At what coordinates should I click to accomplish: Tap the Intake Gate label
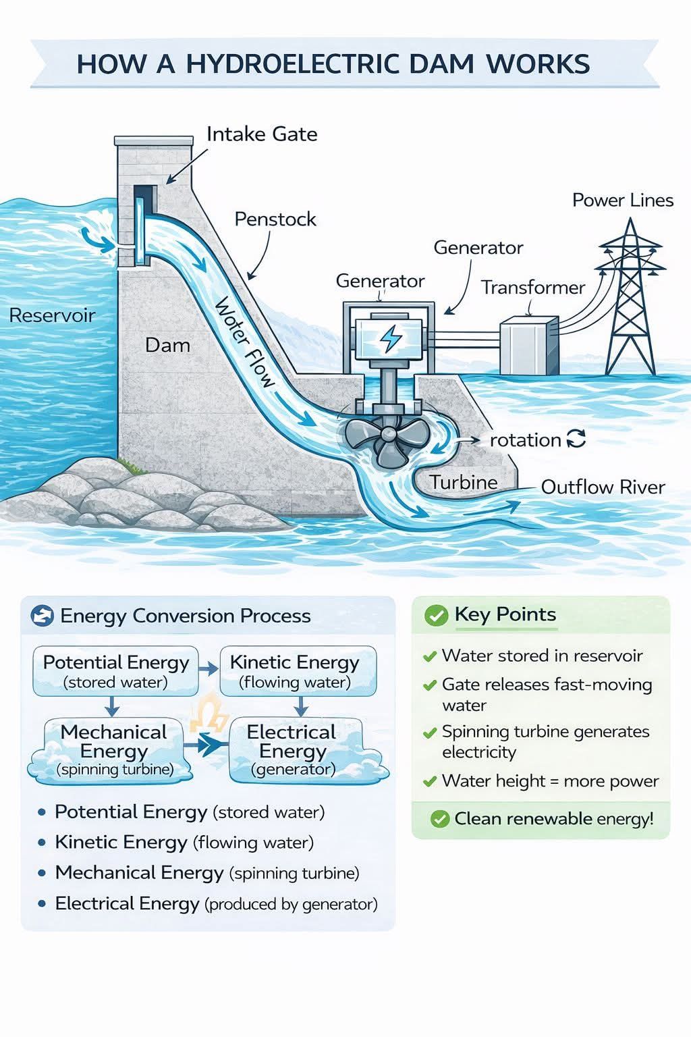click(262, 134)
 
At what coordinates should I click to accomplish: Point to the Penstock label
click(275, 219)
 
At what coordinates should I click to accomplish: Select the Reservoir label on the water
click(52, 315)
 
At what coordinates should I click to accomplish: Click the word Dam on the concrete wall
click(167, 346)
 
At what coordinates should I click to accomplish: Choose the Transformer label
click(533, 288)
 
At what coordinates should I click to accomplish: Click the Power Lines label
click(623, 200)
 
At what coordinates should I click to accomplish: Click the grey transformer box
click(530, 346)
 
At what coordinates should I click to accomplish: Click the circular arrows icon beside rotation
click(576, 439)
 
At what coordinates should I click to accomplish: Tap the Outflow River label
click(603, 487)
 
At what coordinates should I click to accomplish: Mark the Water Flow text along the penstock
click(245, 342)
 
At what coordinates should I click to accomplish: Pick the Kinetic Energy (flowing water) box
click(298, 671)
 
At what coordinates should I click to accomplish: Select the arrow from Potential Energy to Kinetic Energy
click(209, 668)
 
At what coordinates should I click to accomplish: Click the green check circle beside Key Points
click(436, 615)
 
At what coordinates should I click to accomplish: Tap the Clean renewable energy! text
click(554, 818)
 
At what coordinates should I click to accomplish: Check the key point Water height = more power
click(550, 781)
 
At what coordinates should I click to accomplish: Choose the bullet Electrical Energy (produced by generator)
click(216, 904)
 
